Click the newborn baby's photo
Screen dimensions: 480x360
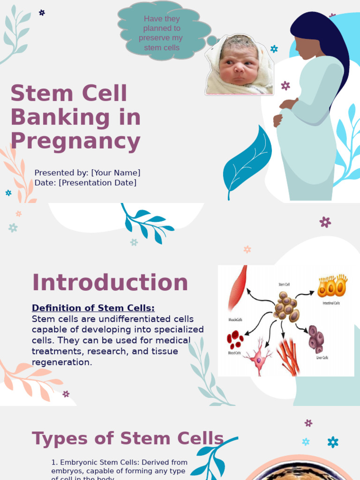(239, 66)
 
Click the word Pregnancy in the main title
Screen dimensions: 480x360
(75, 142)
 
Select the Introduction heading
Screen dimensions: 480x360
(110, 283)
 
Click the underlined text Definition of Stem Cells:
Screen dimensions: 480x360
(93, 308)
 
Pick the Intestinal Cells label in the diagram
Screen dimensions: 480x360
(331, 303)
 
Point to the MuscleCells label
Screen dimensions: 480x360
(235, 320)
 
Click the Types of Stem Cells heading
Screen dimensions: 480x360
(127, 439)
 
